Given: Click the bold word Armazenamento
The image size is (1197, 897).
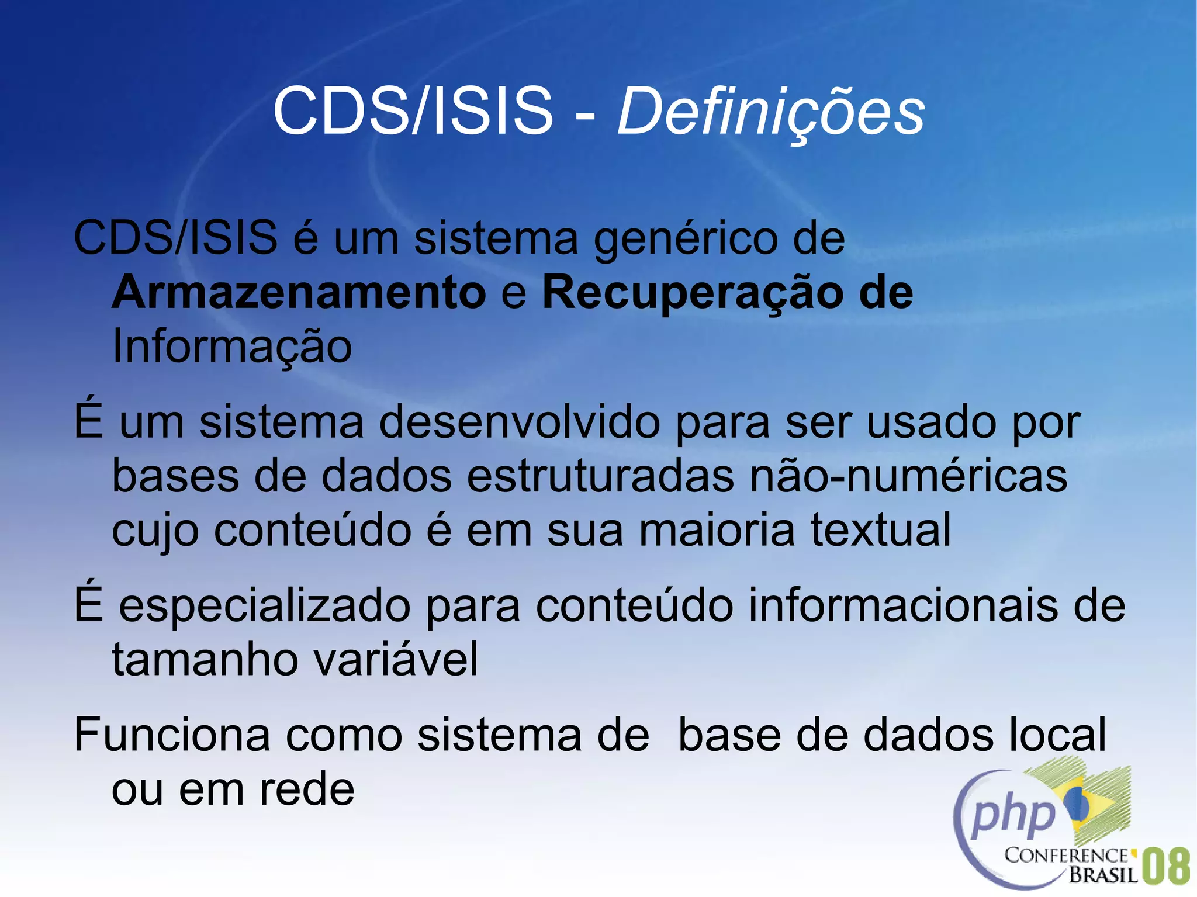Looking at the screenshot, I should (x=299, y=292).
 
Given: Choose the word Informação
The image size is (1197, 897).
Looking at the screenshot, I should (x=232, y=347).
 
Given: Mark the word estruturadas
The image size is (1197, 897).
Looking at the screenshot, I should (x=600, y=476).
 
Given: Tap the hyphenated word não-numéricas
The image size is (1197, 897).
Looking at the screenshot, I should (x=909, y=476).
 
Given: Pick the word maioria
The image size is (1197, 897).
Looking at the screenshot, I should (x=717, y=529).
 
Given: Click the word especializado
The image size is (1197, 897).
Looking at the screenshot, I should (x=265, y=606).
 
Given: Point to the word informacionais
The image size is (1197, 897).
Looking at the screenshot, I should (x=904, y=605).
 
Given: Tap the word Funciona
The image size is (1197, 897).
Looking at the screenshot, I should (x=172, y=735).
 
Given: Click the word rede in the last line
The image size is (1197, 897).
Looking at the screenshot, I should (x=307, y=789).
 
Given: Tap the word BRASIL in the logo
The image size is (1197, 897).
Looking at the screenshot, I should (x=1103, y=875).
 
